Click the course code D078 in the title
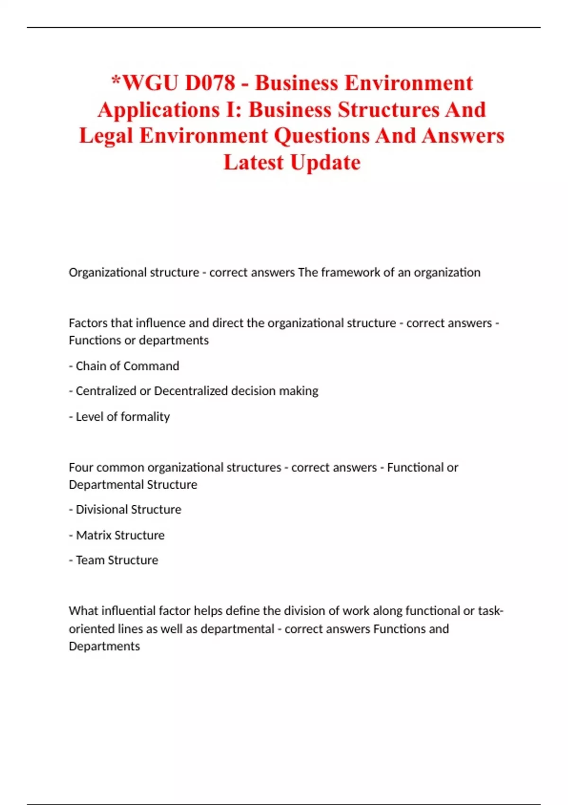[x=210, y=83]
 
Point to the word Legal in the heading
[x=106, y=136]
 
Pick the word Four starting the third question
[x=81, y=467]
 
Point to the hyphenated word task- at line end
[x=490, y=611]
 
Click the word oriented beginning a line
[x=89, y=629]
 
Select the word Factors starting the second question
[x=88, y=323]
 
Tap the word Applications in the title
[x=158, y=110]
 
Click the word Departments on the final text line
[x=104, y=646]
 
